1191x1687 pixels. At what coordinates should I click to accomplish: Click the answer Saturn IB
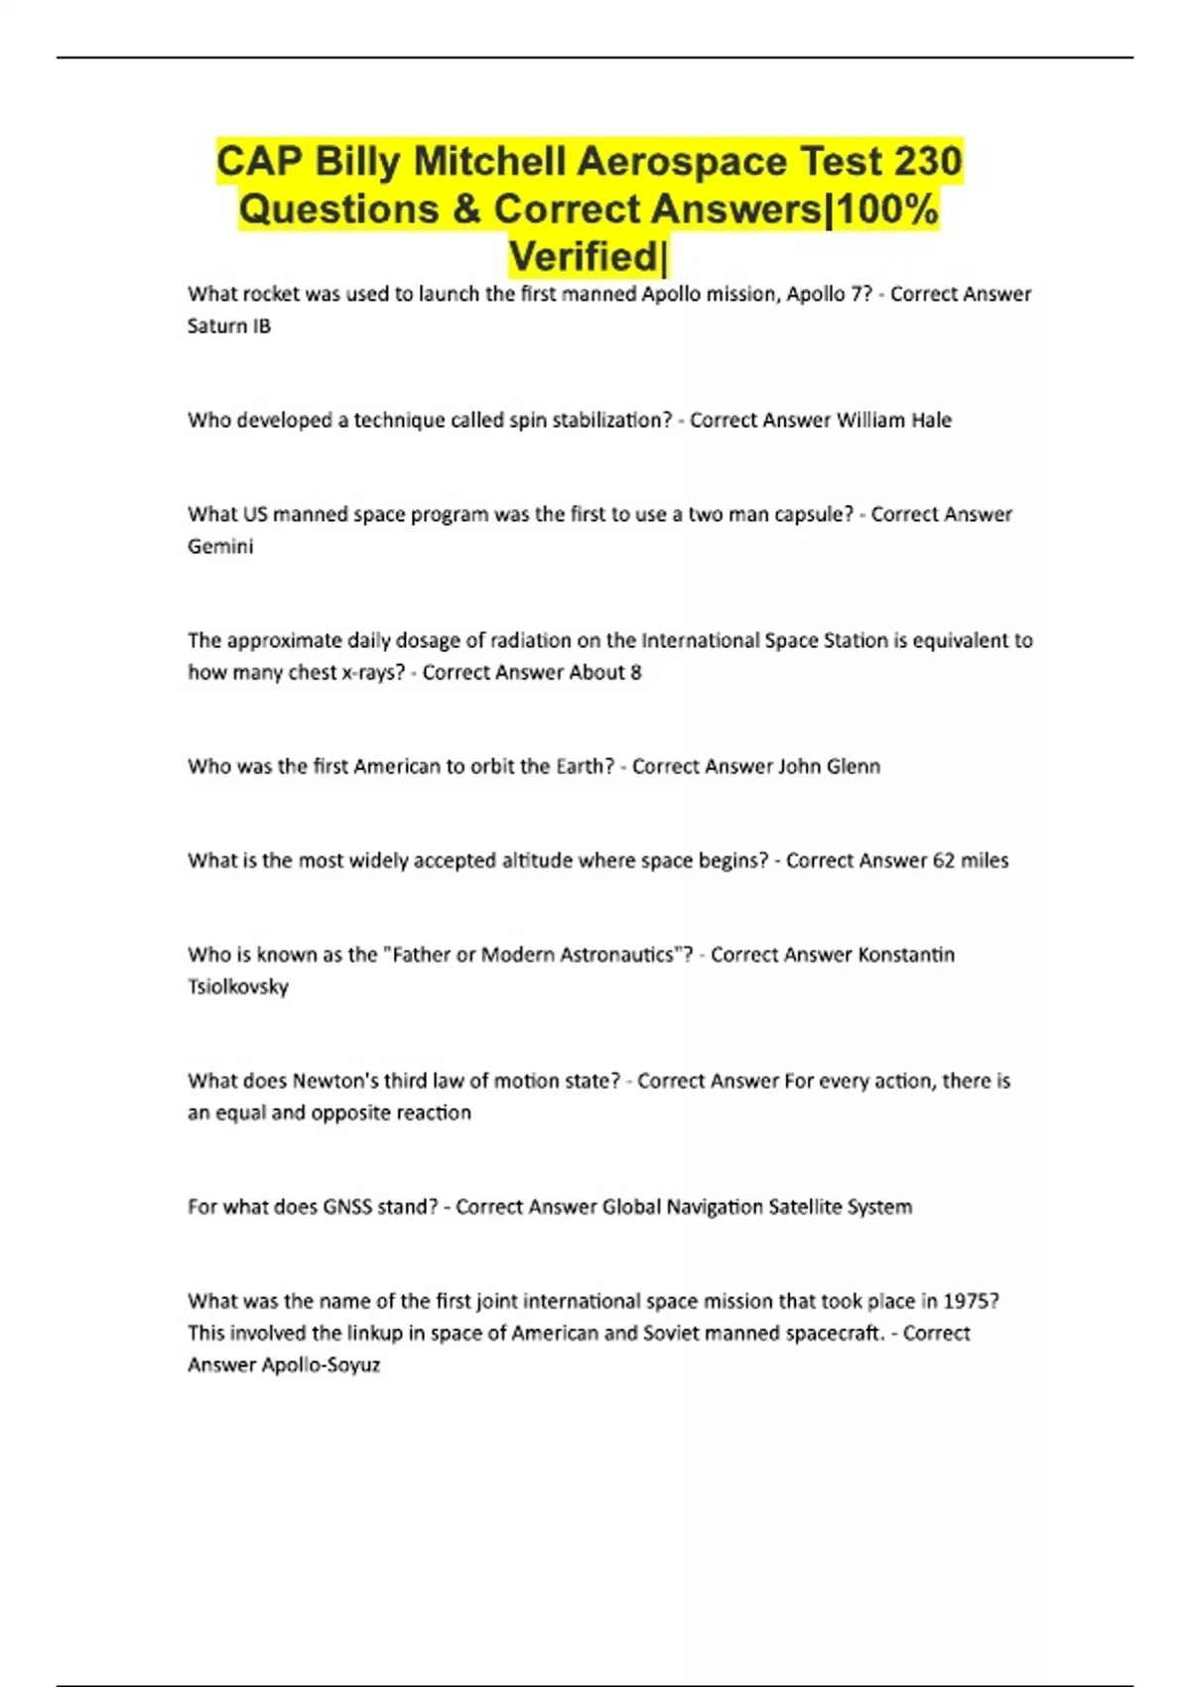229,325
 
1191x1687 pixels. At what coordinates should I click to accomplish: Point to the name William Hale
893,420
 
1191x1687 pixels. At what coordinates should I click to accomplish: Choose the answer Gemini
220,546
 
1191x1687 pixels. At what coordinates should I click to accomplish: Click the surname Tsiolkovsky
238,986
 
